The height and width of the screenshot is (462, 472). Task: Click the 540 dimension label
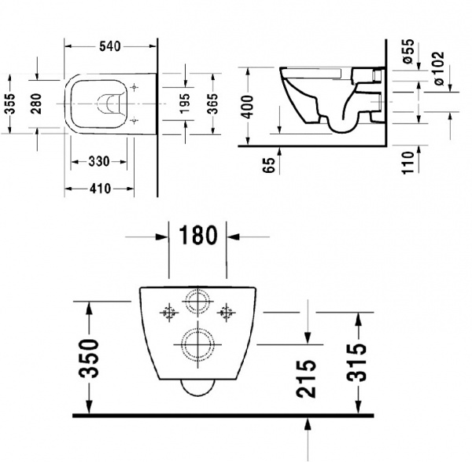point(110,46)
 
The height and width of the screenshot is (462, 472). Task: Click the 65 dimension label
point(268,165)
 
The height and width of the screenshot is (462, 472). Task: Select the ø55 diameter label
point(407,52)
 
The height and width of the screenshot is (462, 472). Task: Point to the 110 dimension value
point(407,163)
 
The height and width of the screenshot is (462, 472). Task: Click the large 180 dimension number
point(198,235)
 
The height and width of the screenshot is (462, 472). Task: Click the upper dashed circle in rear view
point(195,303)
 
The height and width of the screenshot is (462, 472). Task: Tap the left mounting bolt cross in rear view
point(167,310)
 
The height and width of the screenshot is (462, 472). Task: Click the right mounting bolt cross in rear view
point(227,310)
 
